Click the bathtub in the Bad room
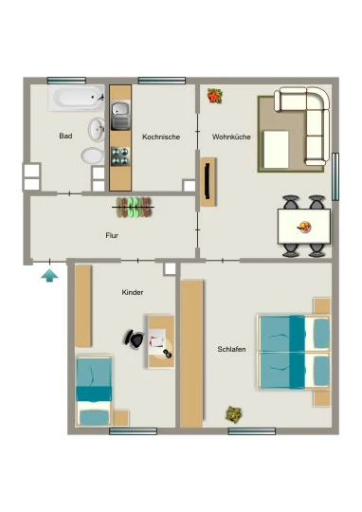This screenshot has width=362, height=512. [x=77, y=98]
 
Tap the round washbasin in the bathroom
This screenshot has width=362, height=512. [x=97, y=129]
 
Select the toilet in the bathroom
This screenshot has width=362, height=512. [x=93, y=155]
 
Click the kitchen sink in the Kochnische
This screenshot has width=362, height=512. [x=120, y=116]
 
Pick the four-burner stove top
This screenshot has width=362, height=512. [x=120, y=156]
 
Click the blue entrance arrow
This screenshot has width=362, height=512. [x=49, y=275]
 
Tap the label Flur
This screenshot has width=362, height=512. [x=112, y=235]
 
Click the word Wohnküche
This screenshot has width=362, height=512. [x=231, y=137]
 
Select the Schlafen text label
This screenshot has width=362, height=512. [x=231, y=349]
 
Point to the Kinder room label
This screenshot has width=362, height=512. [x=133, y=292]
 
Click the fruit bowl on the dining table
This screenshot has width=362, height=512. [x=304, y=227]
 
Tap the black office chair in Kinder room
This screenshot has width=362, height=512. [x=134, y=338]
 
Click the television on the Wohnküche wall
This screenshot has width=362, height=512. [x=207, y=181]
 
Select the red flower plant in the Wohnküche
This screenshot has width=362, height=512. [x=215, y=96]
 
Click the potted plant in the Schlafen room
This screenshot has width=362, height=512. [x=234, y=413]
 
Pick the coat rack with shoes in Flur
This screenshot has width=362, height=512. [x=134, y=207]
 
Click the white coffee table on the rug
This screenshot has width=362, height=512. [x=276, y=149]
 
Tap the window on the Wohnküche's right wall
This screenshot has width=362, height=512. [x=335, y=176]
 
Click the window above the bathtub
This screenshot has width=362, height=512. [x=66, y=81]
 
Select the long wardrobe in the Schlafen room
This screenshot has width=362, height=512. [x=191, y=354]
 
